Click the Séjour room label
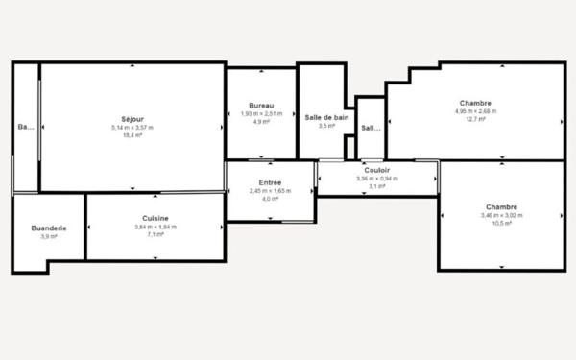click(x=132, y=118)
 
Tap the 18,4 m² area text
click(x=132, y=135)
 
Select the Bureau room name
click(x=261, y=105)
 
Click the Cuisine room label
click(x=156, y=218)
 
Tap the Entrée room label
click(x=270, y=182)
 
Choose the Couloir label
click(x=376, y=169)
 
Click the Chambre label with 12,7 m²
click(x=475, y=103)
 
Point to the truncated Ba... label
click(x=25, y=127)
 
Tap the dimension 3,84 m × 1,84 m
click(x=156, y=227)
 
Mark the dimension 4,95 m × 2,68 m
click(x=475, y=111)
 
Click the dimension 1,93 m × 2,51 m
click(x=261, y=113)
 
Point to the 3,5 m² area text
click(x=326, y=126)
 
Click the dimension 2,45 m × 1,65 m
click(x=270, y=191)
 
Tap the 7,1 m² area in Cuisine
click(x=156, y=234)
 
